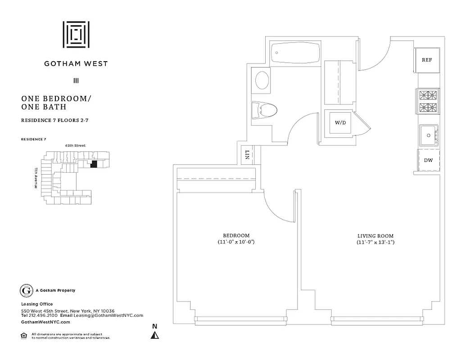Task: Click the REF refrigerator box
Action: point(426,60)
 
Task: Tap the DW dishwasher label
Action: point(428,160)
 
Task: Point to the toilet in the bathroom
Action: point(264,109)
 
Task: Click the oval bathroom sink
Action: point(262,81)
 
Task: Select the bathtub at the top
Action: point(296,53)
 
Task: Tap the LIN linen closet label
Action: point(247,155)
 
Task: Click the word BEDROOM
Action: point(236,235)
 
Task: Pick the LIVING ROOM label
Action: point(376,235)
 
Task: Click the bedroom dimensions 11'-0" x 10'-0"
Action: point(236,242)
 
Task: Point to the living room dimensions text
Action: point(376,242)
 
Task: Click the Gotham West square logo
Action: point(76,34)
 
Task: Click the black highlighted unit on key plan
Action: point(94,164)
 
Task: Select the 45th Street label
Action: point(75,145)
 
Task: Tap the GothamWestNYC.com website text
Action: point(45,322)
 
